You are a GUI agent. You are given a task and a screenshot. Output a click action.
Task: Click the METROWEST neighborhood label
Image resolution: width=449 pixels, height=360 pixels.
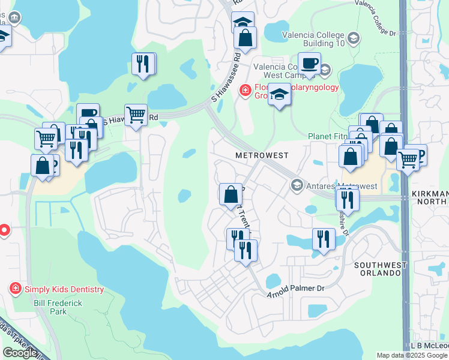coord(261,155)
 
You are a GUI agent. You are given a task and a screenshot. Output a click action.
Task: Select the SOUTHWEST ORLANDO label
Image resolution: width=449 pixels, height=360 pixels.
coord(377,269)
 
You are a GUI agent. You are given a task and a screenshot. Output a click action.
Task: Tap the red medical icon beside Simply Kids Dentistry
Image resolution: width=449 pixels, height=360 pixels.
coord(16,289)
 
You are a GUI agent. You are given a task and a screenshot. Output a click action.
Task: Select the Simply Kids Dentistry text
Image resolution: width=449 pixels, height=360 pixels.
coord(64,289)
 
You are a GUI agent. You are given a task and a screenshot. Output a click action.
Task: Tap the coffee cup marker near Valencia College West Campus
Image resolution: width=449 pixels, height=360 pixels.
coord(310,63)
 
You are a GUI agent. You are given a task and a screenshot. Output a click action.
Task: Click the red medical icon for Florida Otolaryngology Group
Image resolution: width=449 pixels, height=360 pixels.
coord(245,91)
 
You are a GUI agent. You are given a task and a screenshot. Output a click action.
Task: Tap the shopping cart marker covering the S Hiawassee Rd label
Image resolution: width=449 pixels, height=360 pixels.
coord(136,114)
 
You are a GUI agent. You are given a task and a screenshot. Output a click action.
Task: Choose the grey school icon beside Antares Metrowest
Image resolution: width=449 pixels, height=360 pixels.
coord(296,185)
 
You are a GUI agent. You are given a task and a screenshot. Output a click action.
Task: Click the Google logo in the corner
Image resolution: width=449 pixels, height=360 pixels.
coord(20,353)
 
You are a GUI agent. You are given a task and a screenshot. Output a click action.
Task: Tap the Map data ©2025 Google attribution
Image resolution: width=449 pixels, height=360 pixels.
coord(412,355)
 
